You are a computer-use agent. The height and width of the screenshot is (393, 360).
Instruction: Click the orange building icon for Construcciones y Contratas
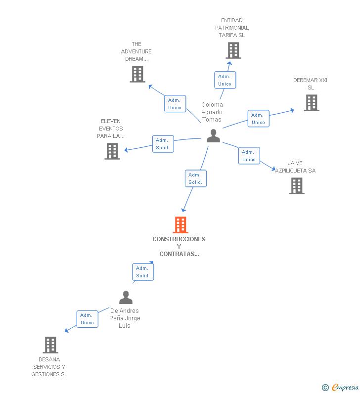coord(180,225)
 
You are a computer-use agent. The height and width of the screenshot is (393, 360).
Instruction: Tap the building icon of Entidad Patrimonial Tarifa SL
coord(233,50)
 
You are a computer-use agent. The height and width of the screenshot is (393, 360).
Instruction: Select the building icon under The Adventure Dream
coord(137,74)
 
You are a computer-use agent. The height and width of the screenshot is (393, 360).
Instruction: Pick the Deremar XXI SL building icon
coord(312,103)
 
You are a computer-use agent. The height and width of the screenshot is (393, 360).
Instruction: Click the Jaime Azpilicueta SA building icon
coord(297,186)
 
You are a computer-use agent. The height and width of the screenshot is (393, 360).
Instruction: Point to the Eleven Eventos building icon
coord(112,151)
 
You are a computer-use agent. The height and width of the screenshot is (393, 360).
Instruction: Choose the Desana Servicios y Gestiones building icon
coord(50,345)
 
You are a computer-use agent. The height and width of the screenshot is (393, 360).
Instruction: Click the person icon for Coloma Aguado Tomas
coord(213,136)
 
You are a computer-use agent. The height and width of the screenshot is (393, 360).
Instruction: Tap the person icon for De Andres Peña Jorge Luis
coord(126,297)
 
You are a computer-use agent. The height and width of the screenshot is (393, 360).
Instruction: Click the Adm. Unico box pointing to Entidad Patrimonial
coord(225,80)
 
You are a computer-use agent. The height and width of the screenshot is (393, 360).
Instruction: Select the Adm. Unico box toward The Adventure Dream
coord(175,103)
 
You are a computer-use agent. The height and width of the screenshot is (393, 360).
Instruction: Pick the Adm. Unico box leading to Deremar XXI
coord(259,119)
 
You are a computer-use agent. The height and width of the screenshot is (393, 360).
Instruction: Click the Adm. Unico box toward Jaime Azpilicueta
coord(249,156)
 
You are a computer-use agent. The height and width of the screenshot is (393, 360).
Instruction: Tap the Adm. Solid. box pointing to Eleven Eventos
coord(163,144)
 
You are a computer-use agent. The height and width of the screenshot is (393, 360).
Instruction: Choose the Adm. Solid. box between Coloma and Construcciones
coord(196,178)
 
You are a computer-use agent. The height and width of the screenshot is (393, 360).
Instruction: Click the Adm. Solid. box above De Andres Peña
coord(143,272)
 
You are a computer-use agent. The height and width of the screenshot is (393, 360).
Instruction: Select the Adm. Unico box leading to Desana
coord(88,319)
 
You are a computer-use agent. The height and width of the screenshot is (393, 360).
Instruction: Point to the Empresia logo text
coord(345,387)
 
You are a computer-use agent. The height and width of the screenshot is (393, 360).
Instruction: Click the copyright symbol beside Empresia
coord(325,388)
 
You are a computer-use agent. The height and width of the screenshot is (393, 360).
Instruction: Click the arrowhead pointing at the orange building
coord(184,210)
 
